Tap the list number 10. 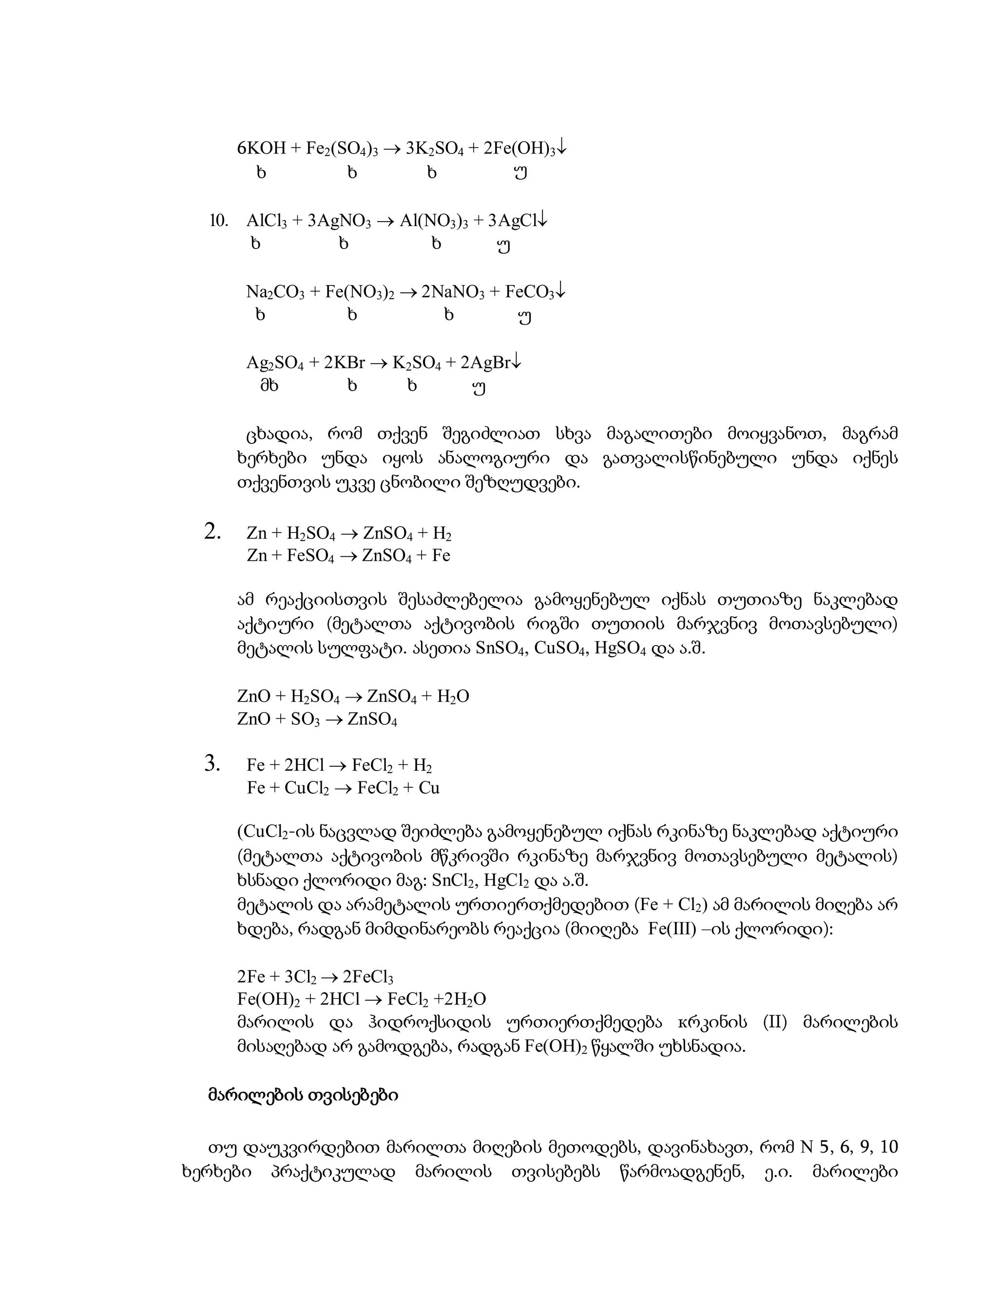pos(218,221)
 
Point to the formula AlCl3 pos(266,221)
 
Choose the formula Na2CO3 pos(275,292)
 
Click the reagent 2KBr pos(344,363)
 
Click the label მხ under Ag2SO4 pos(269,386)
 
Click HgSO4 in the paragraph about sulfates pos(620,648)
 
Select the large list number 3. pos(212,764)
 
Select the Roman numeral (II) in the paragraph pos(776,1023)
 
